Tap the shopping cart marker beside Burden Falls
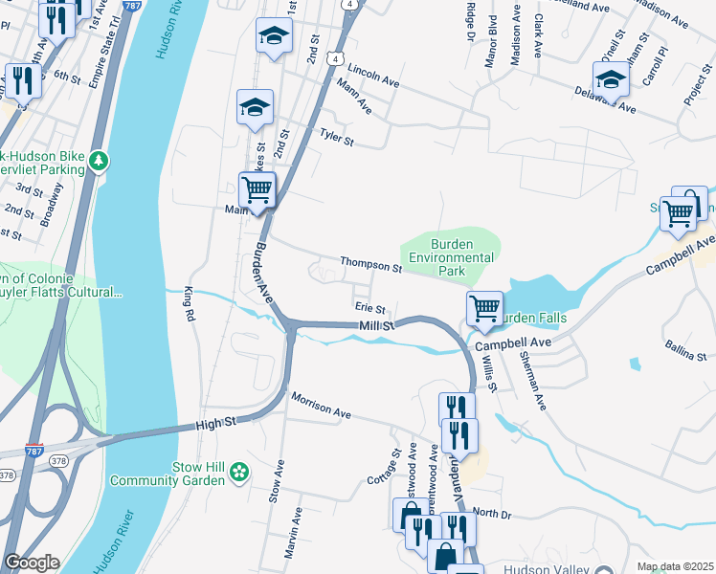tap(485, 309)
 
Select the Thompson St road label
tap(370, 263)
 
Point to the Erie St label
tap(369, 308)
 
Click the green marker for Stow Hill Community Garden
tap(240, 472)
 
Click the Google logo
tap(31, 563)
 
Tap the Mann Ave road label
tap(353, 97)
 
